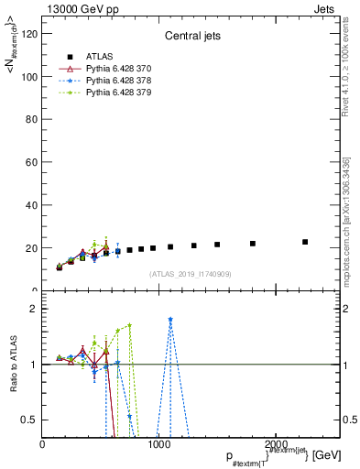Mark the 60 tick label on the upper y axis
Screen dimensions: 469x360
pyautogui.click(x=31, y=162)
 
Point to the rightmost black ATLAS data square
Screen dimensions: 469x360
pyautogui.click(x=305, y=242)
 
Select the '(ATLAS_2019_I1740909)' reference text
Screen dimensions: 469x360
pyautogui.click(x=190, y=274)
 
